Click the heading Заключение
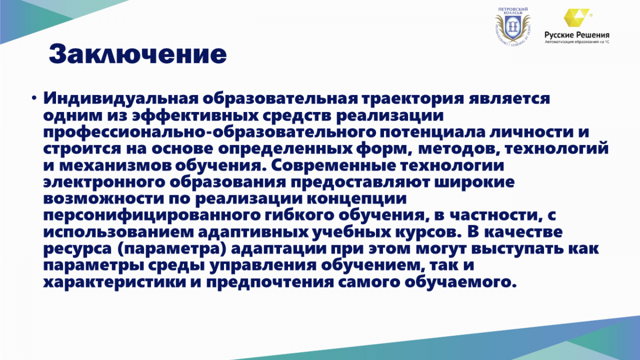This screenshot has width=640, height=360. [138, 54]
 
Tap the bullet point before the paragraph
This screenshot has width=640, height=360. [34, 98]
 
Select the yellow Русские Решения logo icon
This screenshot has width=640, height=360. [577, 18]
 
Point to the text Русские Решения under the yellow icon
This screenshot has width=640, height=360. [577, 35]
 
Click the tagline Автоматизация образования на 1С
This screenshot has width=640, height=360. [577, 42]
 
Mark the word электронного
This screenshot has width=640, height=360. [104, 182]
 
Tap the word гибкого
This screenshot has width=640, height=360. [300, 215]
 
